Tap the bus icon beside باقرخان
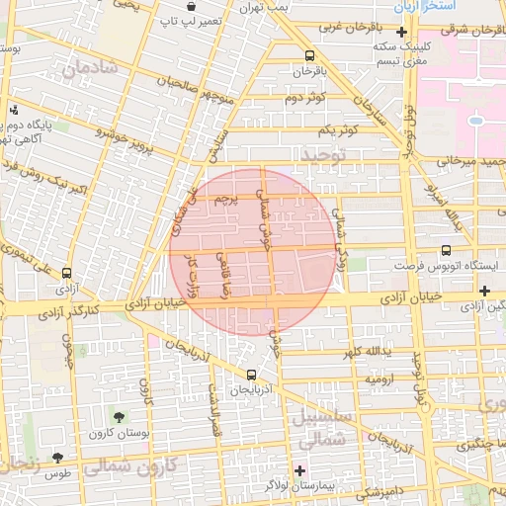click(310, 56)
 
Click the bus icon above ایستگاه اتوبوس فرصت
click(446, 251)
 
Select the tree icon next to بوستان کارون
click(120, 418)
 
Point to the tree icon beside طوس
click(57, 458)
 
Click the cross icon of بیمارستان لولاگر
click(300, 468)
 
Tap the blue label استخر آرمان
click(419, 7)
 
